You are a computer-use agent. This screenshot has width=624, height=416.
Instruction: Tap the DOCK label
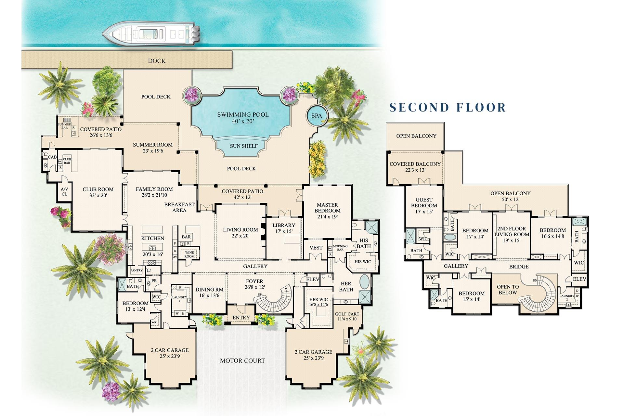157,61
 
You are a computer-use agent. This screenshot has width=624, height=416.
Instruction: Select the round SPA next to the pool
317,116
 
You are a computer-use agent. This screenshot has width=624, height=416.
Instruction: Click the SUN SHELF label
243,146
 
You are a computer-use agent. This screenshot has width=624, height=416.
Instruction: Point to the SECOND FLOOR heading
448,107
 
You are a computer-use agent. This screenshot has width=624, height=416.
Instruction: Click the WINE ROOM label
189,254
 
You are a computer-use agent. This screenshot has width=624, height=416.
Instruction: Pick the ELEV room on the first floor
313,279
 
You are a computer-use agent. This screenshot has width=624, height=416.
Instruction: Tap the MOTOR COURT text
242,360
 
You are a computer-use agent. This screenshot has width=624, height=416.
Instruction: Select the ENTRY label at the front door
241,318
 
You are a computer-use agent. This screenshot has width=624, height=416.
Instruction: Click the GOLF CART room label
347,316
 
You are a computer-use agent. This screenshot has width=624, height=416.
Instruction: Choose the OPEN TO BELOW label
508,290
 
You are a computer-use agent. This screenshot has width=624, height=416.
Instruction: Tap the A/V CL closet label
64,191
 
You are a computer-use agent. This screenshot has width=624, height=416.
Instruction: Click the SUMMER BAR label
64,126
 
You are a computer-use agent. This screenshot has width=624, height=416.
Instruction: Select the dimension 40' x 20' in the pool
243,121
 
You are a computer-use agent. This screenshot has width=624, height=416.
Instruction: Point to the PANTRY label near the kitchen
136,270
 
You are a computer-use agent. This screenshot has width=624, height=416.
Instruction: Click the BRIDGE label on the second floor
519,266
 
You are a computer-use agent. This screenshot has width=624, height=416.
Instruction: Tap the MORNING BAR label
340,248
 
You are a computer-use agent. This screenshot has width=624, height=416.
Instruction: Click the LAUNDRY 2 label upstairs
567,298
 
